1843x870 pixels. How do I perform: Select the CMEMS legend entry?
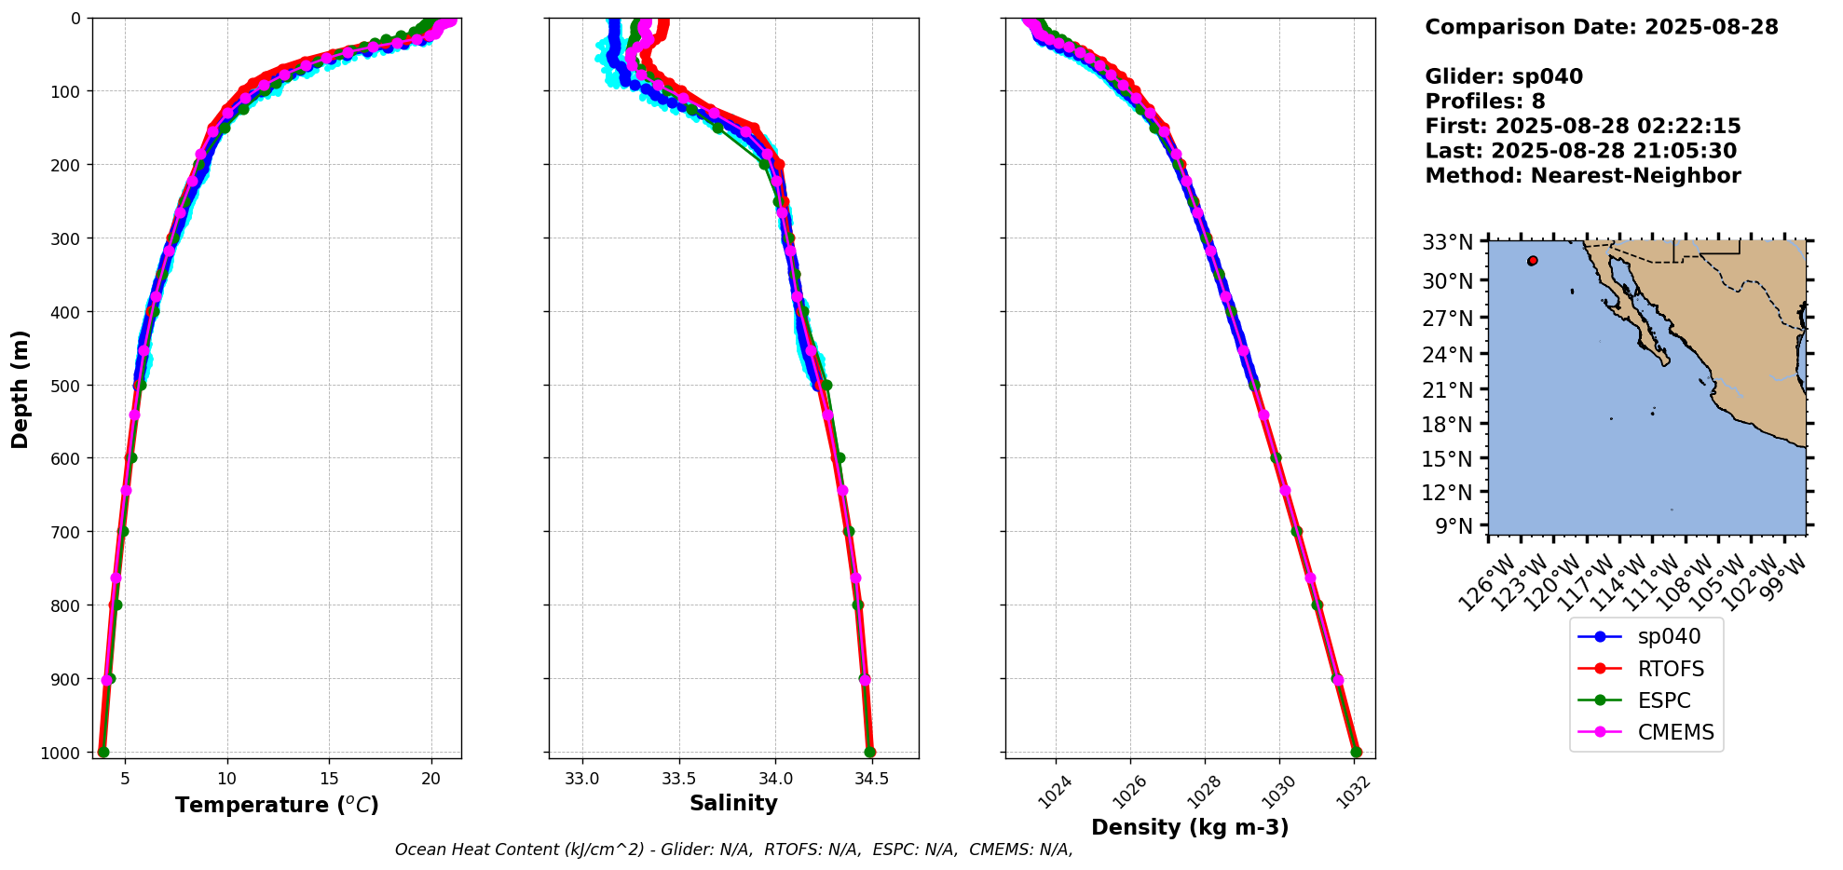pyautogui.click(x=1675, y=732)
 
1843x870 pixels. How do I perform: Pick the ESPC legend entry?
pyautogui.click(x=1664, y=700)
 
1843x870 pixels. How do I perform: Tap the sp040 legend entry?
pyautogui.click(x=1669, y=637)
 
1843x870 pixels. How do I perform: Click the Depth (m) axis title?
pyautogui.click(x=20, y=388)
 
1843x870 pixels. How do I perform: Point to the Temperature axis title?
pyautogui.click(x=277, y=805)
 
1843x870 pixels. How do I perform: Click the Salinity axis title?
pyautogui.click(x=733, y=803)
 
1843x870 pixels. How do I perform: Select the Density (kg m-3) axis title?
pyautogui.click(x=1190, y=827)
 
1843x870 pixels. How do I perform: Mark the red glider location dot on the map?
pyautogui.click(x=1533, y=261)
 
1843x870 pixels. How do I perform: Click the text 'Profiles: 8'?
pyautogui.click(x=1485, y=102)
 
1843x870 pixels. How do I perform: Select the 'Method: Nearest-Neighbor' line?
pyautogui.click(x=1582, y=176)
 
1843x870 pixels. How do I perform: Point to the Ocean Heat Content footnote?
pyautogui.click(x=733, y=850)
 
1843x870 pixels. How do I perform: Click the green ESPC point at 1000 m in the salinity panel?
pyautogui.click(x=869, y=752)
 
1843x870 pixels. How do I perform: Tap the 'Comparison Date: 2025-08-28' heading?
pyautogui.click(x=1601, y=27)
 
